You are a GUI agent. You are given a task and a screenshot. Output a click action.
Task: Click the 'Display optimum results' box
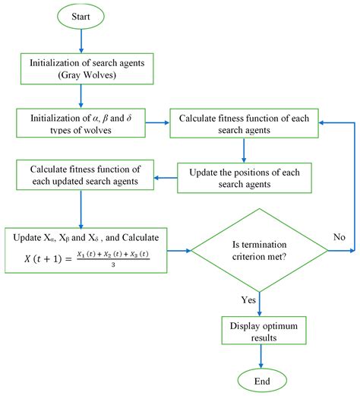[260, 331]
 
